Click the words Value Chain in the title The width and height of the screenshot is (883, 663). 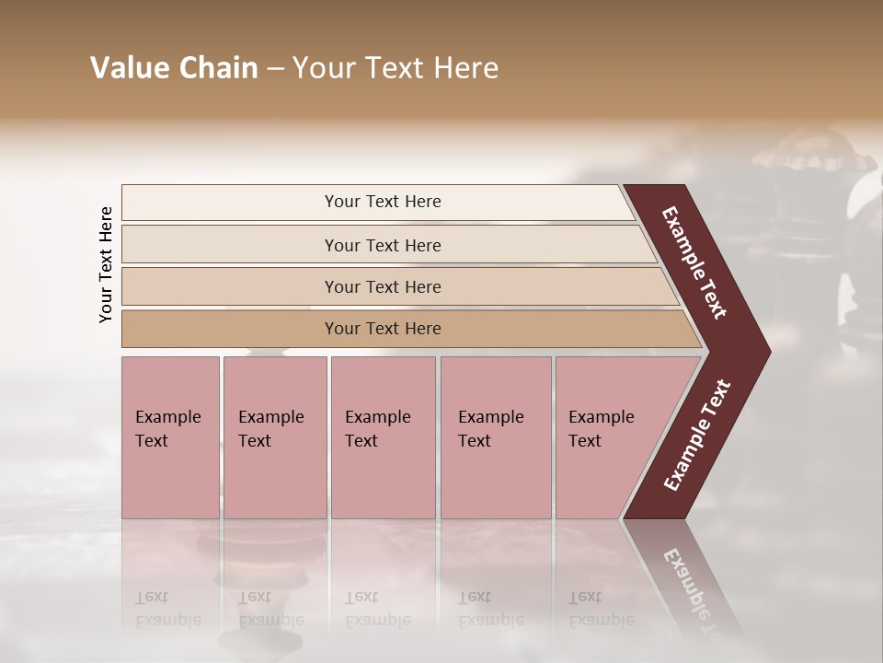click(174, 68)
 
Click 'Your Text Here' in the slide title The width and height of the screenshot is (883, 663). click(396, 68)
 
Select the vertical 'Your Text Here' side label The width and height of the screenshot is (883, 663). click(106, 264)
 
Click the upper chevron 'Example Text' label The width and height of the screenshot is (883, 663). click(695, 262)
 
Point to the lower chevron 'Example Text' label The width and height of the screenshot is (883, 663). click(696, 436)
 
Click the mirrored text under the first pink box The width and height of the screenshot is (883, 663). click(168, 608)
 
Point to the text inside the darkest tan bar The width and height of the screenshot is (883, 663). click(383, 329)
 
